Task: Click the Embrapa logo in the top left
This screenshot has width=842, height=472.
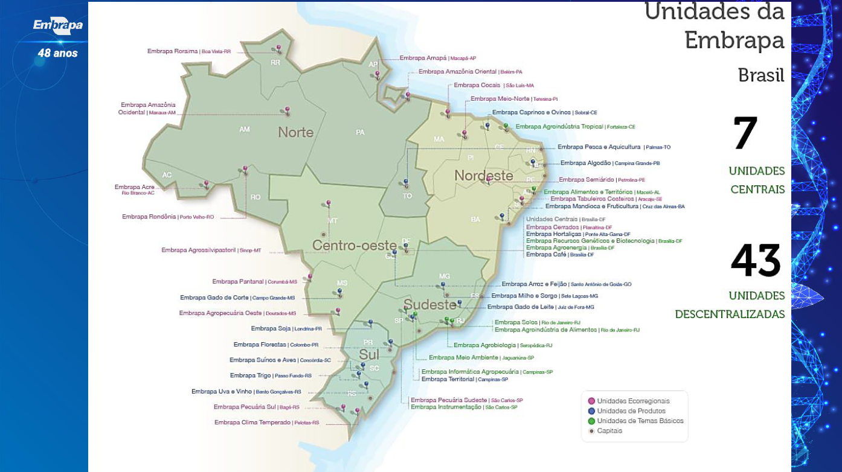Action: [x=57, y=25]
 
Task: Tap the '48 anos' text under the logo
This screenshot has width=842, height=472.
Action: [x=57, y=53]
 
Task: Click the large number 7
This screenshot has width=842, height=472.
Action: [x=745, y=133]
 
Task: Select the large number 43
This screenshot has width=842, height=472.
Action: [x=755, y=261]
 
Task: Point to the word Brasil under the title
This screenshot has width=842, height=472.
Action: [x=760, y=75]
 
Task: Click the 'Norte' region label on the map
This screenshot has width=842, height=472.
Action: [x=295, y=132]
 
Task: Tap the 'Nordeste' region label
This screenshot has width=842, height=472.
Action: [x=483, y=176]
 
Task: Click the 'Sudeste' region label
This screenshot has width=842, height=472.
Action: [x=429, y=304]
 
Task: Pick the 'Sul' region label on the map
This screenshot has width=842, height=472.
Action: [x=368, y=354]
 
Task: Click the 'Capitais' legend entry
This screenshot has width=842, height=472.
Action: [x=609, y=431]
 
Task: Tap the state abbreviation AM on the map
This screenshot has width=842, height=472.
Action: [x=244, y=129]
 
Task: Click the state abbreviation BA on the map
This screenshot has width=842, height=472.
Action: [x=475, y=220]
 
